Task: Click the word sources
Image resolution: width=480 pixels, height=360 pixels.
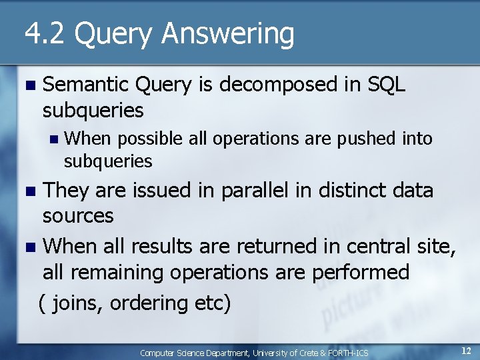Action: pyautogui.click(x=78, y=215)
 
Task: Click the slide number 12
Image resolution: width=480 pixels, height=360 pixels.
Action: pyautogui.click(x=466, y=350)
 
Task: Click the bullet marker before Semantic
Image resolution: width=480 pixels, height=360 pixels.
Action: pyautogui.click(x=27, y=85)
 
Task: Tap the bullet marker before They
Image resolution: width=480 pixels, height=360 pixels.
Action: pyautogui.click(x=27, y=191)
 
